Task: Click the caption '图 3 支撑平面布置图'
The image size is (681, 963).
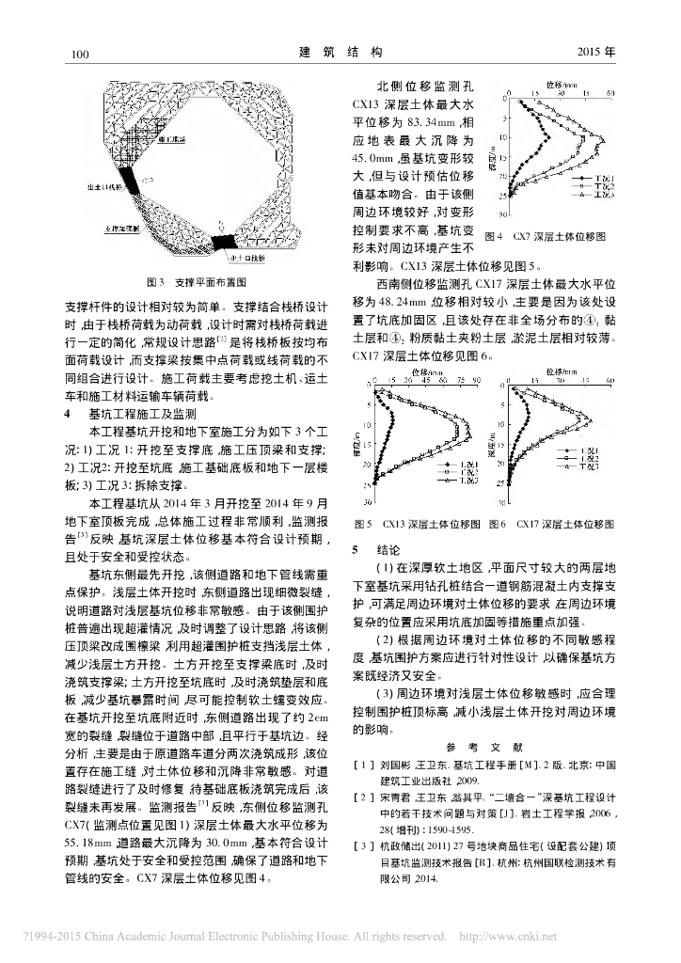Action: point(196,280)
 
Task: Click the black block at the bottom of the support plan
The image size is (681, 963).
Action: point(226,242)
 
